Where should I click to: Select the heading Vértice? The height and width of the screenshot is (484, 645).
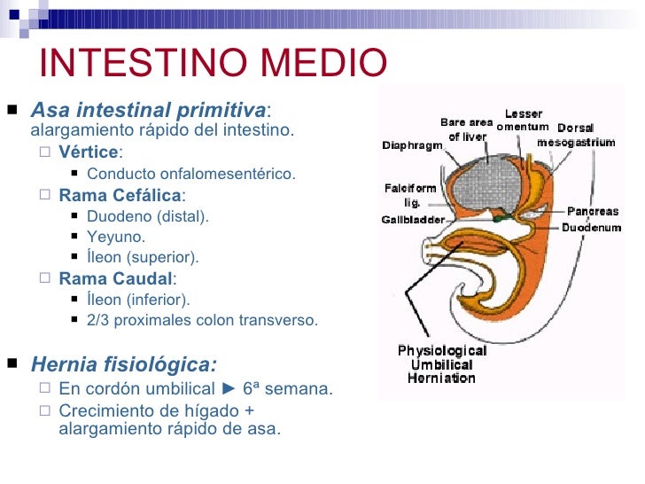[88, 152]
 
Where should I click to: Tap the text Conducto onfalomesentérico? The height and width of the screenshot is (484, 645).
[191, 174]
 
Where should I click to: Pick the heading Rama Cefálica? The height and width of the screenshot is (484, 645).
[120, 195]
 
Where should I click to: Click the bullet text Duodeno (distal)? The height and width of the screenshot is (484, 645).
[148, 216]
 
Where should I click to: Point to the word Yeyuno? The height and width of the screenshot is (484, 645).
[116, 237]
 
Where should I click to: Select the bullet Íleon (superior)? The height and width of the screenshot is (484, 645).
[143, 257]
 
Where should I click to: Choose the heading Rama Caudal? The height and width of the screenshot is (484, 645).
[115, 278]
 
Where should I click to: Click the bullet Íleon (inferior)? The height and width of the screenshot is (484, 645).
[138, 300]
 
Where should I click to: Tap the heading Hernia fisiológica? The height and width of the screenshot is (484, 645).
[123, 365]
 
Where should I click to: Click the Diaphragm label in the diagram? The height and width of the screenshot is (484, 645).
[412, 145]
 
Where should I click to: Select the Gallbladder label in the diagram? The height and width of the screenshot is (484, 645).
[412, 219]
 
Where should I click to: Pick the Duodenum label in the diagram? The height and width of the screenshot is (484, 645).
[591, 227]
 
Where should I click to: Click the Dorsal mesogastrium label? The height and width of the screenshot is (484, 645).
[577, 135]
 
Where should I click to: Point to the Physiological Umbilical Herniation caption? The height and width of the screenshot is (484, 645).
[441, 364]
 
